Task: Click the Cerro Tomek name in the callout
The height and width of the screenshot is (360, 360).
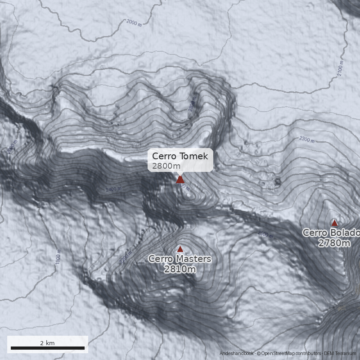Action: pos(180,156)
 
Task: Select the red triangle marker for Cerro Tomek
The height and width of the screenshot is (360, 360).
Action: pos(180,180)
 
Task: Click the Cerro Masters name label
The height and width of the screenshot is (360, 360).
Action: pos(180,259)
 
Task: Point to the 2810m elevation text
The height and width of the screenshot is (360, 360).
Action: pos(180,269)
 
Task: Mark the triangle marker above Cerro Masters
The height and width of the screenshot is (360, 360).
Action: pos(180,249)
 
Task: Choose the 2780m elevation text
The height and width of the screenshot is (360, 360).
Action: pos(334,243)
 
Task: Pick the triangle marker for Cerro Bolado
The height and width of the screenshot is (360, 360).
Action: pos(334,223)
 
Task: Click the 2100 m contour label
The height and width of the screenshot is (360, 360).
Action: pos(340,69)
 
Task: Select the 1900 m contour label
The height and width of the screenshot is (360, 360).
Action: pos(58,257)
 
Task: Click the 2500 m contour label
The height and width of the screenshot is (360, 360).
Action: pos(265,234)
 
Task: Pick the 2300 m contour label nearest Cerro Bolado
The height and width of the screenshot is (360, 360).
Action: pos(307,140)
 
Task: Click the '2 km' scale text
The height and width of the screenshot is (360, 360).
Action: pos(47,343)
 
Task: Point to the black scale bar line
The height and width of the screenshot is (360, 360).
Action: pos(47,348)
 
